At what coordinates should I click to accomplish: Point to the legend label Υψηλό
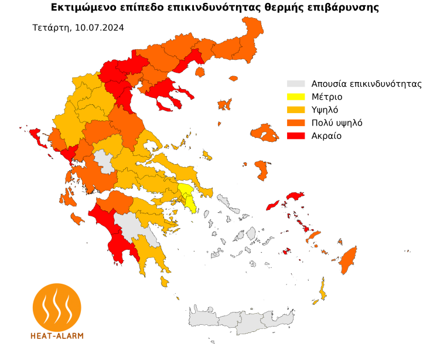pos(325,110)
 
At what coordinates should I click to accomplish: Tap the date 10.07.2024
pos(100,28)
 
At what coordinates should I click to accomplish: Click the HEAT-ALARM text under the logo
pos(57,336)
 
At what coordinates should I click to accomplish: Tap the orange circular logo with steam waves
pos(57,307)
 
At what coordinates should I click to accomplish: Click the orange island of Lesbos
pos(264,134)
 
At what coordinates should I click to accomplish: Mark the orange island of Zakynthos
pos(77,219)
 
